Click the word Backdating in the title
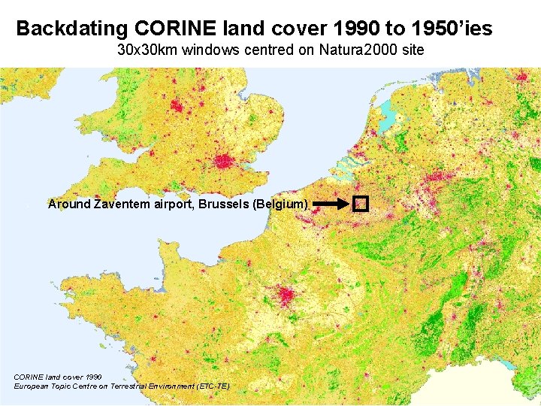(x=73, y=29)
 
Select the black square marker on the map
(x=361, y=203)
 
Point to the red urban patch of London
(x=223, y=160)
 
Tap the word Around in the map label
(x=69, y=204)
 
